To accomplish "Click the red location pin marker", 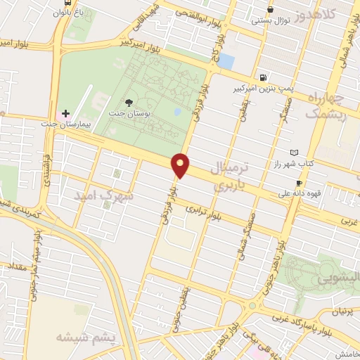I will (181, 165).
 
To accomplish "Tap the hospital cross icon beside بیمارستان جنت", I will (66, 112).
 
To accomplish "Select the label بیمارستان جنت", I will (30, 123).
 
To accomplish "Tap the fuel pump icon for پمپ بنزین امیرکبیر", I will (263, 78).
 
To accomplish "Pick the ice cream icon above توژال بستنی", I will (271, 9).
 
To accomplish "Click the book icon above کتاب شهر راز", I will (295, 153).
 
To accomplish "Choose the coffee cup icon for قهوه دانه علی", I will (300, 183).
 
